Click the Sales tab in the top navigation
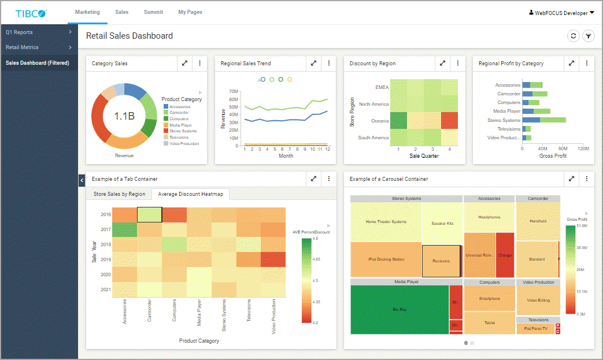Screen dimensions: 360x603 [121, 12]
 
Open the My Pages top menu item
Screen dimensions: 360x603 [190, 12]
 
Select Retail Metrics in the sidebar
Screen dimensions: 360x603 [22, 47]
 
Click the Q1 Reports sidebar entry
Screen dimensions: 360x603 [19, 32]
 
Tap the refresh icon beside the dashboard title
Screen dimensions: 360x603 [573, 36]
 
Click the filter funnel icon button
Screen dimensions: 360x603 [588, 36]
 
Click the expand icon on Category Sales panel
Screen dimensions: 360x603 [184, 64]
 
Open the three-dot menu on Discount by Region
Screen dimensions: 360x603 [457, 64]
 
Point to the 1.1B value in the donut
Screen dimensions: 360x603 [124, 116]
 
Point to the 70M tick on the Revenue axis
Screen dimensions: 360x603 [234, 91]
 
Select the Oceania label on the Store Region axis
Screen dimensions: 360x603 [380, 121]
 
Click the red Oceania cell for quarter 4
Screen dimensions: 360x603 [449, 121]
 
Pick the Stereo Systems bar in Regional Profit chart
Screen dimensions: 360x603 [543, 120]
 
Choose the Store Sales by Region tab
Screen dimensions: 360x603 [119, 194]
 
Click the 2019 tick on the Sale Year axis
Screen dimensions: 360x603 [106, 259]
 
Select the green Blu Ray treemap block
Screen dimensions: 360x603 [399, 310]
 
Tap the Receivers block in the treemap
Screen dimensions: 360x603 [441, 261]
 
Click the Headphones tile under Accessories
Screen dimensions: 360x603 [489, 217]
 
